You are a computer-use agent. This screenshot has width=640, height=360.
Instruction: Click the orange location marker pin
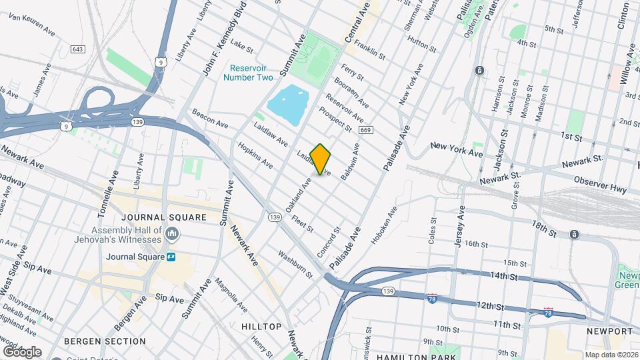point(321,159)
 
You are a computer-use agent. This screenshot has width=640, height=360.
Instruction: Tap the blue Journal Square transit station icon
point(172,257)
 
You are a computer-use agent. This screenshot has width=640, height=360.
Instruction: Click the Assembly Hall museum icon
point(172,233)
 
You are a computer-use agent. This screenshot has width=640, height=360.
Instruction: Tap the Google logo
point(22,352)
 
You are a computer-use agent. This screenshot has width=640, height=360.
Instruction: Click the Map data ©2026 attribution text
point(611,355)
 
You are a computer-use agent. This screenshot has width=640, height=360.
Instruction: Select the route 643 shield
point(78,49)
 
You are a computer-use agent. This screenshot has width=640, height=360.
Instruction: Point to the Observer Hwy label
point(601,185)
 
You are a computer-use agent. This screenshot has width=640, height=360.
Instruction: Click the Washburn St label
point(295,264)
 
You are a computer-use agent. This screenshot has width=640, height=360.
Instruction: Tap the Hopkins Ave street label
point(255,154)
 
